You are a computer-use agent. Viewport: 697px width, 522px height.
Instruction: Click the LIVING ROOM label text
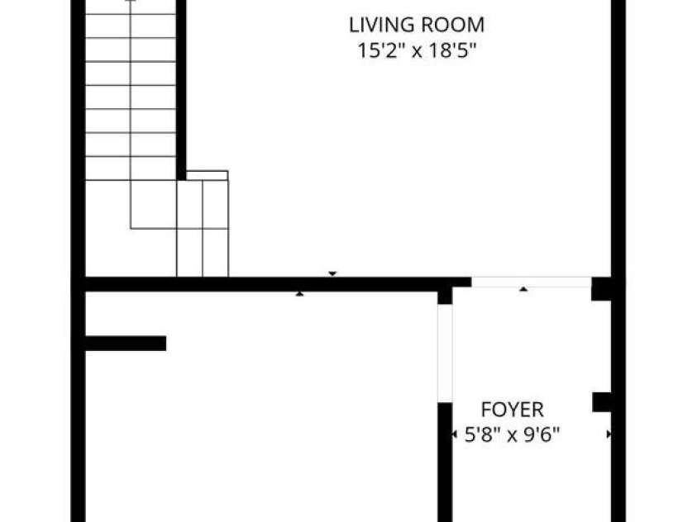(x=417, y=25)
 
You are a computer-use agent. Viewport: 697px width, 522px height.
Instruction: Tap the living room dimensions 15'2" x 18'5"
(x=417, y=50)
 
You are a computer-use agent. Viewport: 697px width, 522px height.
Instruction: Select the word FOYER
(x=512, y=410)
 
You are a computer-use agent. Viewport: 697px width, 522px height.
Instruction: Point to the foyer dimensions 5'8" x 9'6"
(x=512, y=434)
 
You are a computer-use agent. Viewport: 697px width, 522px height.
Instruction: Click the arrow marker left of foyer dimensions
(x=454, y=434)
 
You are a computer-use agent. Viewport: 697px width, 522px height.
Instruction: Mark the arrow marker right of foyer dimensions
(x=609, y=434)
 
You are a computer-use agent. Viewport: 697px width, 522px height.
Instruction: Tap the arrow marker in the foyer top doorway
(x=523, y=289)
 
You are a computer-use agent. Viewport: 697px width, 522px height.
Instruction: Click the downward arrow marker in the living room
(x=332, y=273)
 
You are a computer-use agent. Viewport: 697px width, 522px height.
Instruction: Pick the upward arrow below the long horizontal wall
(x=299, y=293)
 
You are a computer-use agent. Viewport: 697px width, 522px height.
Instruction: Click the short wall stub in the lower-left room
(x=126, y=343)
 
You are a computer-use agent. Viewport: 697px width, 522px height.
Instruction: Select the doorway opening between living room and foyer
(x=531, y=282)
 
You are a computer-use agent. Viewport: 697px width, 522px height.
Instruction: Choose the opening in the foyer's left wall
(x=445, y=354)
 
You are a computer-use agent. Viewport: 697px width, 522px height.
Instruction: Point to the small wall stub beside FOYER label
(x=602, y=402)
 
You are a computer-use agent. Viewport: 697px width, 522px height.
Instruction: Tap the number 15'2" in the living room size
(x=381, y=50)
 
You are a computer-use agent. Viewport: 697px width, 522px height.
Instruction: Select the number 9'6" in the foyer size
(x=542, y=434)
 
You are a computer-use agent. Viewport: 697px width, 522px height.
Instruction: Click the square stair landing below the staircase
(x=153, y=204)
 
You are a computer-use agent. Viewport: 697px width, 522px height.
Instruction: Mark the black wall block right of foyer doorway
(x=602, y=289)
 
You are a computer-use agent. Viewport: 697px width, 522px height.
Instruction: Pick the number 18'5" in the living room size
(x=452, y=50)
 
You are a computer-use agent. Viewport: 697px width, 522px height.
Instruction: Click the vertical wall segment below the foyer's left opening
(x=445, y=462)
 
